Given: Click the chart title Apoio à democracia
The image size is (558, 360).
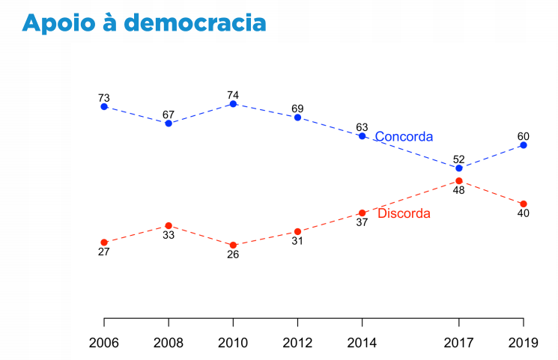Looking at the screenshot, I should pos(144,23).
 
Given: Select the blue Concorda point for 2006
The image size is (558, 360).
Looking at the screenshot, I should pos(104,107).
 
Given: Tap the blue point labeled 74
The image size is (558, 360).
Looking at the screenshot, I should pos(233,104).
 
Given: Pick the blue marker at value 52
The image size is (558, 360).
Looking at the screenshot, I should pos(459,168).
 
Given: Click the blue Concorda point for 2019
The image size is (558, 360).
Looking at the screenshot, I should pos(524,145).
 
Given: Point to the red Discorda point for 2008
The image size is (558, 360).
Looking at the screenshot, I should pos(169,225).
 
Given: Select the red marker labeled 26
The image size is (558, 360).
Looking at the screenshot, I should pos(233,245).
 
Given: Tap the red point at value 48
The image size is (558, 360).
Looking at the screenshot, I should pos(459,180).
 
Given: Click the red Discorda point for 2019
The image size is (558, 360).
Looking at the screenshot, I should pos(524,204).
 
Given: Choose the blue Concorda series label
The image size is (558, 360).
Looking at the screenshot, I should pos(404,137).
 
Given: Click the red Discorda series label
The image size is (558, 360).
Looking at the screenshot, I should pos(404,214).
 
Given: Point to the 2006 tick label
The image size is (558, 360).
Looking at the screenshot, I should pos(104,344).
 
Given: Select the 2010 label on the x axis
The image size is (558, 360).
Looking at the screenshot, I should pos(233,344).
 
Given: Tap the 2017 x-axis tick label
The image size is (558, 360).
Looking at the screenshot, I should pos(459,344).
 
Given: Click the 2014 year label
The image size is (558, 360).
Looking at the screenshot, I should pos(362,344).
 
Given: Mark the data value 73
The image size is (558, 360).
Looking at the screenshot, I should pos(104,98).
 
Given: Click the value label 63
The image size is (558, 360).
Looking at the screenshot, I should pos(362,127).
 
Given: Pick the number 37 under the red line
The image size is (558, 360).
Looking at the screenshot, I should pos(362,222).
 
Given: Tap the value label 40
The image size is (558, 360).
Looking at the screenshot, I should pos(524,213).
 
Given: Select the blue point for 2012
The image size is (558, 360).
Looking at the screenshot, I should pos(297,118).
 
